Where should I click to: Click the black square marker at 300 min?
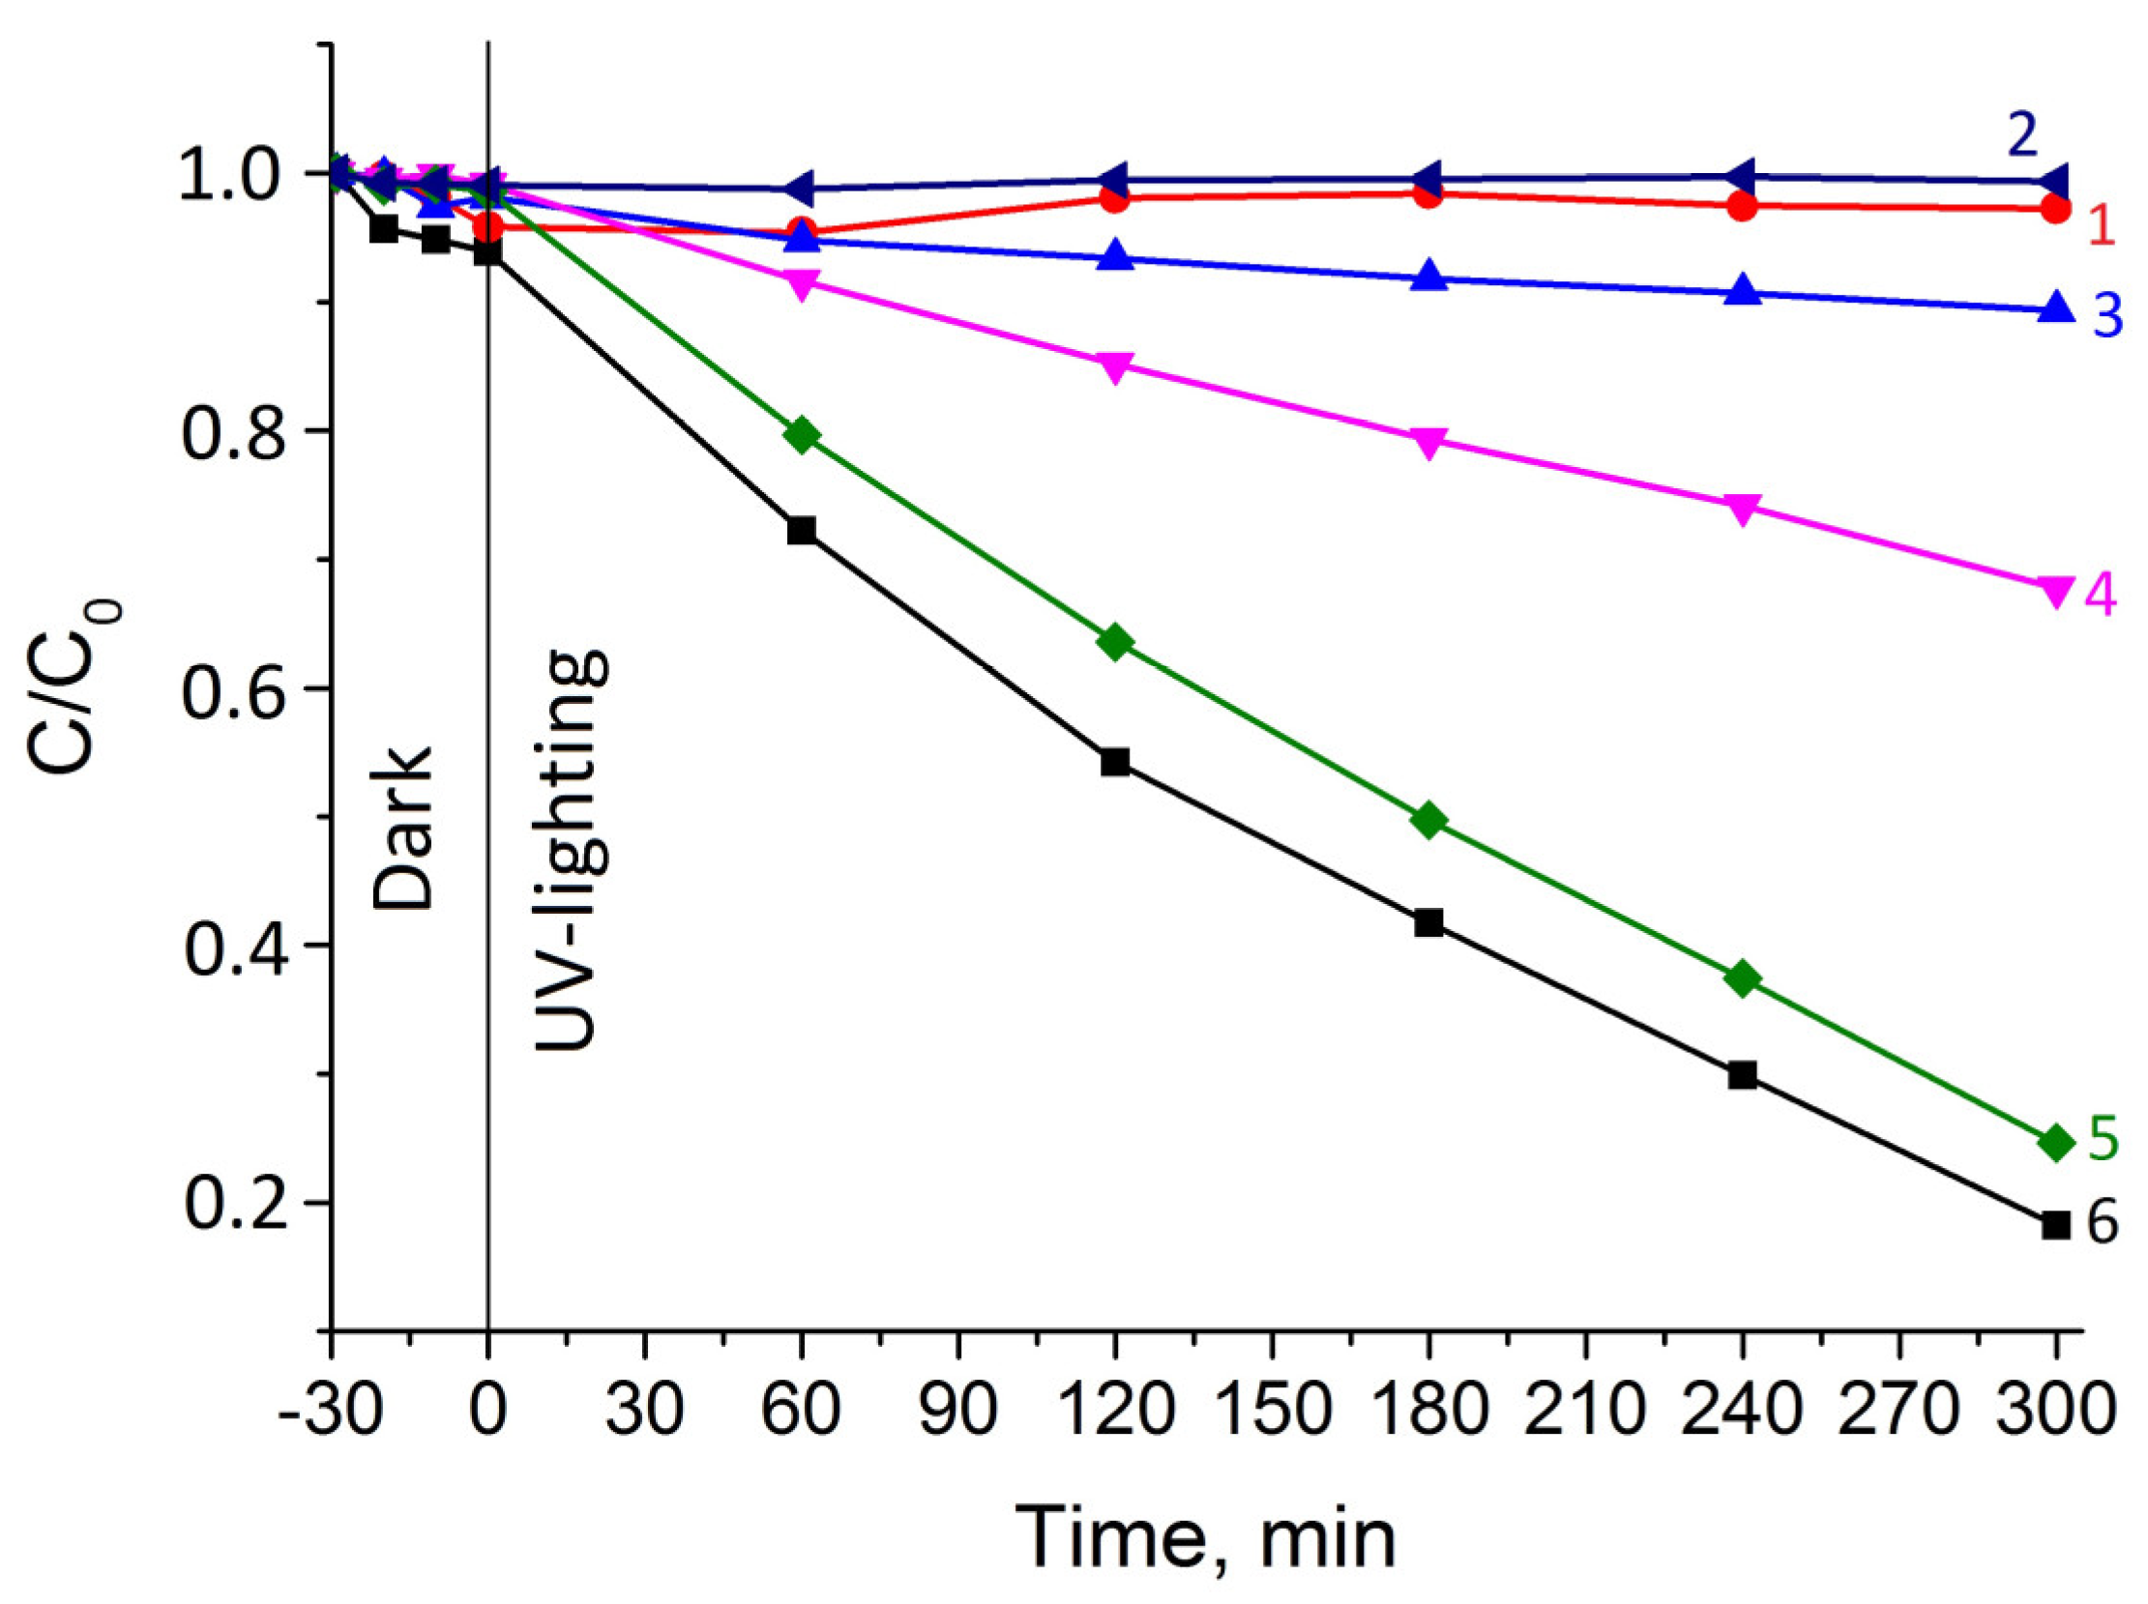point(2055,1225)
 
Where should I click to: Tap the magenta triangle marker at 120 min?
point(1115,366)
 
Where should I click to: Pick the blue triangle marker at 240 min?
point(1743,290)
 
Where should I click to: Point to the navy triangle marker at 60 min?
point(800,188)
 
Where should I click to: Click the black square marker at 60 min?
point(801,530)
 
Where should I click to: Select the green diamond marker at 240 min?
point(1743,978)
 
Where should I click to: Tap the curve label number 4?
point(2101,595)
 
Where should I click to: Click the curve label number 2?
point(2020,136)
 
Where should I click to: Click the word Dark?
point(403,828)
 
